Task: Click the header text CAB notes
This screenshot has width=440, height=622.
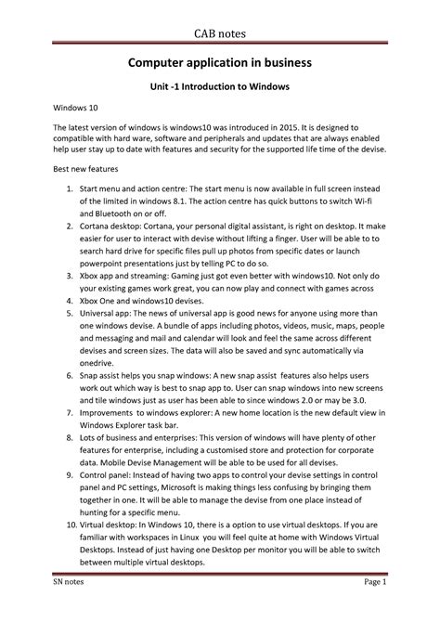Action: point(220,33)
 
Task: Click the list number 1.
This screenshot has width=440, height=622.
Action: point(71,190)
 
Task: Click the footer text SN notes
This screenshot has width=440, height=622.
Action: point(71,607)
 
